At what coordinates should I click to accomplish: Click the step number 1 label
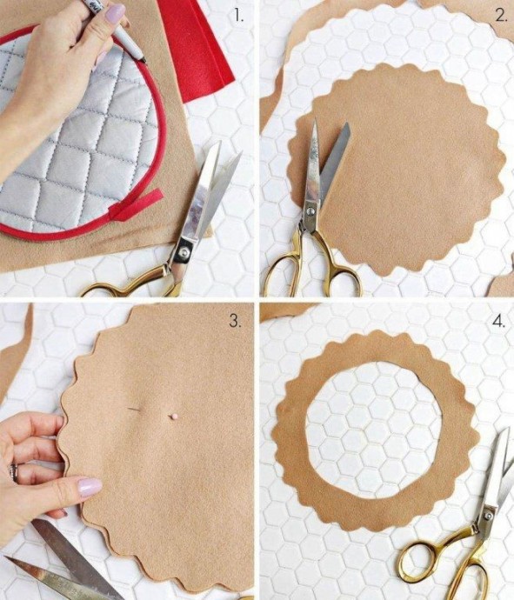239,15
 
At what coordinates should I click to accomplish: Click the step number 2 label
501,15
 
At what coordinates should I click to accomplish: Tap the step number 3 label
235,321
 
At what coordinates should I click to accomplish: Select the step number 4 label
499,322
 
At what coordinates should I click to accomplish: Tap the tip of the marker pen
144,61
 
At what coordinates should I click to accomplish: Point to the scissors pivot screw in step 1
185,251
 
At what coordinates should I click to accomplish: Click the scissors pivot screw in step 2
310,210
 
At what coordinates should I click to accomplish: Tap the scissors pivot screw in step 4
489,516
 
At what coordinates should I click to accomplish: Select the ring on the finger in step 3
15,473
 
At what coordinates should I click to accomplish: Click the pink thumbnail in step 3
90,487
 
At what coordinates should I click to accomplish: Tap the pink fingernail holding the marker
115,14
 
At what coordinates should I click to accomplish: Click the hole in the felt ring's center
373,430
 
